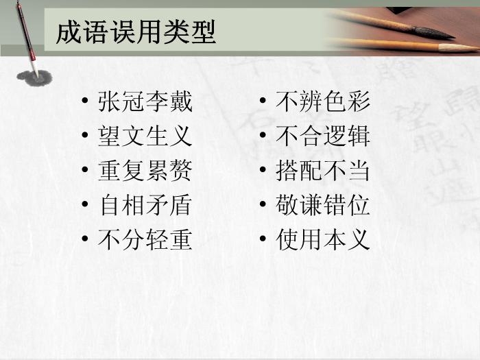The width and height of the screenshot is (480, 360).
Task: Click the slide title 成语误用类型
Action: pos(136,32)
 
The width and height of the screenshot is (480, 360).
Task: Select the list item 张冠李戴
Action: pos(145,101)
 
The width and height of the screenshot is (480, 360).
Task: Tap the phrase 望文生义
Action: pos(145,136)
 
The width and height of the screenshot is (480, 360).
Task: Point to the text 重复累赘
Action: pos(145,171)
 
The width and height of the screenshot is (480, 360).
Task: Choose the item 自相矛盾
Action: pos(145,205)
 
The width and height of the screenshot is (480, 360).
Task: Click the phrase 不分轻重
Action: pos(145,239)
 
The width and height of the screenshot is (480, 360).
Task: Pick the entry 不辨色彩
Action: pos(323,101)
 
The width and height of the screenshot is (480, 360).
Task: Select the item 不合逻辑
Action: pos(323,136)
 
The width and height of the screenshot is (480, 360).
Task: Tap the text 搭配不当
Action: pos(323,171)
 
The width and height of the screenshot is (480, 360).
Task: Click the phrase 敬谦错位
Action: pos(323,205)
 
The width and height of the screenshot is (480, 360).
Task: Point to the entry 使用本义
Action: pos(323,239)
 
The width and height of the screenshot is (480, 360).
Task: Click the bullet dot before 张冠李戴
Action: pos(85,100)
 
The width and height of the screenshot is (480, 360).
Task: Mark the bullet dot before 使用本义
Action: pos(263,238)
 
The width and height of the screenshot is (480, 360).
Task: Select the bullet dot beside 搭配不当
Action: pos(263,169)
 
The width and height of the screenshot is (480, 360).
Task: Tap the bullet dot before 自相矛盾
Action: pos(85,204)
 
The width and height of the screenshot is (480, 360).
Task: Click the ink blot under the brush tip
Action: pos(34,78)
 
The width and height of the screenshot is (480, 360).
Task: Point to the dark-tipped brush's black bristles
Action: pos(434,33)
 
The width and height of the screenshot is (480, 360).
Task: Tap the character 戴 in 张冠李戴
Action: pos(181,101)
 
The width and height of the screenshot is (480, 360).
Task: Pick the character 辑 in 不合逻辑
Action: pos(359,136)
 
